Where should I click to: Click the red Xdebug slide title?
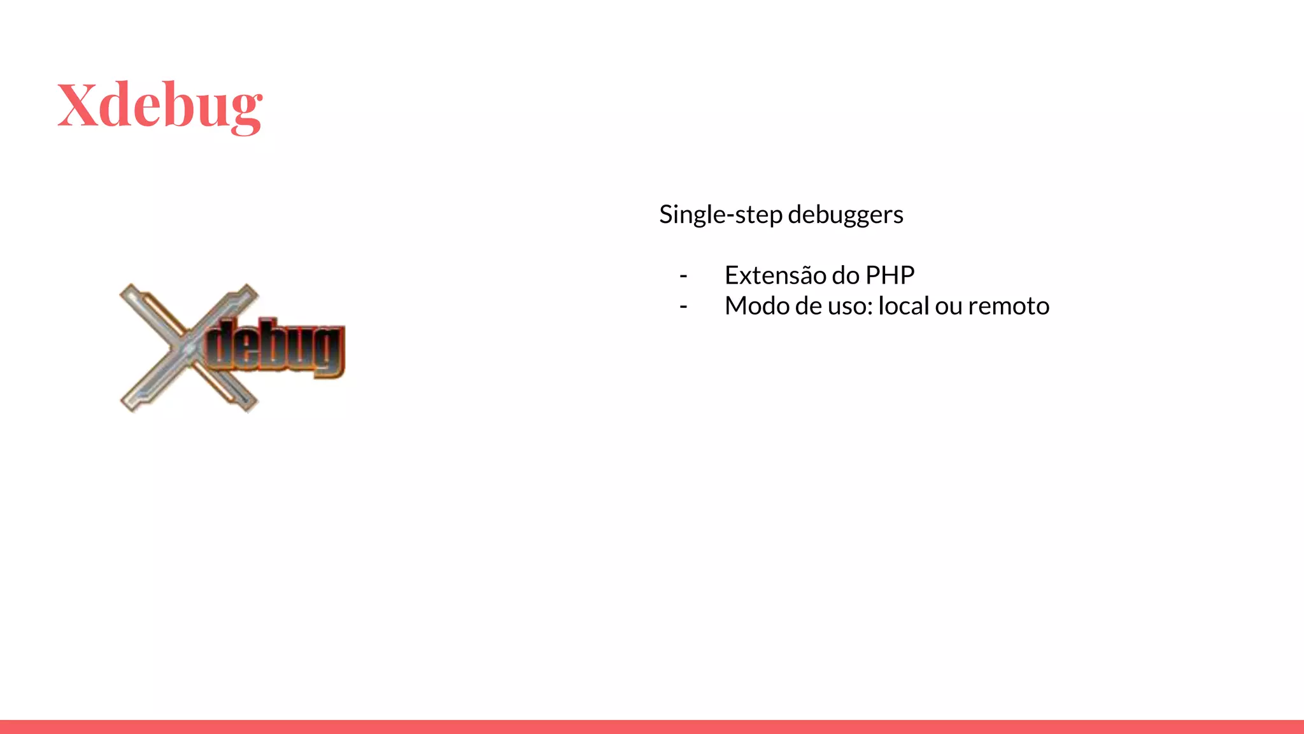click(x=159, y=106)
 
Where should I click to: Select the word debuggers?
click(x=845, y=215)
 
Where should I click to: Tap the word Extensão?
click(x=775, y=275)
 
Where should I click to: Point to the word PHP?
click(x=889, y=275)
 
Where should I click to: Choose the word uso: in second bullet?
click(x=850, y=306)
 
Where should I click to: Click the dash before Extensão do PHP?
click(x=683, y=276)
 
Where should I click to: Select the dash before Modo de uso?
click(x=683, y=306)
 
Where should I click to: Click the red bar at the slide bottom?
click(x=652, y=726)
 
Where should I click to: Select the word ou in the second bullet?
click(x=948, y=306)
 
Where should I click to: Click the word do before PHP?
click(x=846, y=275)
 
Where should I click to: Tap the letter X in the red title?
click(x=78, y=104)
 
